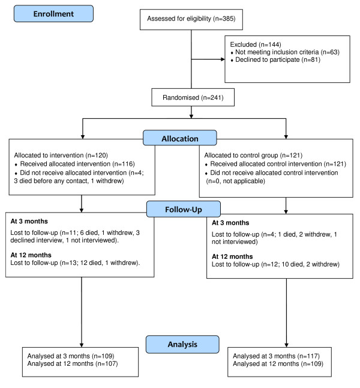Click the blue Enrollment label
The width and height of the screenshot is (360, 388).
pos(53,14)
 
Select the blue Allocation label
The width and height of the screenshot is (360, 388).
pos(180,138)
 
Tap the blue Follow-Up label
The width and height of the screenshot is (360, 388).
pos(184,209)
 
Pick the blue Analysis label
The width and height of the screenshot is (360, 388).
pos(182,344)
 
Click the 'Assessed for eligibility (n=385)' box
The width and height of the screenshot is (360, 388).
pos(191,20)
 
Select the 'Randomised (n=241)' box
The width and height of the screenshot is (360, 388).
pos(193,97)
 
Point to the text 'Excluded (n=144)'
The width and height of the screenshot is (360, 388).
pos(256,44)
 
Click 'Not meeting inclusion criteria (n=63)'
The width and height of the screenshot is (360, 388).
pos(287,52)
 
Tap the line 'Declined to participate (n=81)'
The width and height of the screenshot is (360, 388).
pos(278,59)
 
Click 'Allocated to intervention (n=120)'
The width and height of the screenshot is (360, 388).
pos(61,155)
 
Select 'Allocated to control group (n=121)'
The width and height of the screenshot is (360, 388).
pos(253,155)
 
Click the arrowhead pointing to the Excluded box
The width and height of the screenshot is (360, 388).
pos(223,59)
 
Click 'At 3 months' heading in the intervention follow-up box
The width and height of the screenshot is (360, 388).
pos(29,221)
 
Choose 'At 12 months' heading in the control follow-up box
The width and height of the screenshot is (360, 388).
pos(232,256)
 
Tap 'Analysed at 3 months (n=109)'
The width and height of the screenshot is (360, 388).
pos(71,356)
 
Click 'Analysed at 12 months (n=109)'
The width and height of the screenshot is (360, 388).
pos(278,364)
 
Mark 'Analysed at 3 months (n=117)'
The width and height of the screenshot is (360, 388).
pos(276,356)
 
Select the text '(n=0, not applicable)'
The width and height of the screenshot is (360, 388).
pos(236,181)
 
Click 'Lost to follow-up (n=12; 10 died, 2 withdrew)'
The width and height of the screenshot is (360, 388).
pos(275,264)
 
